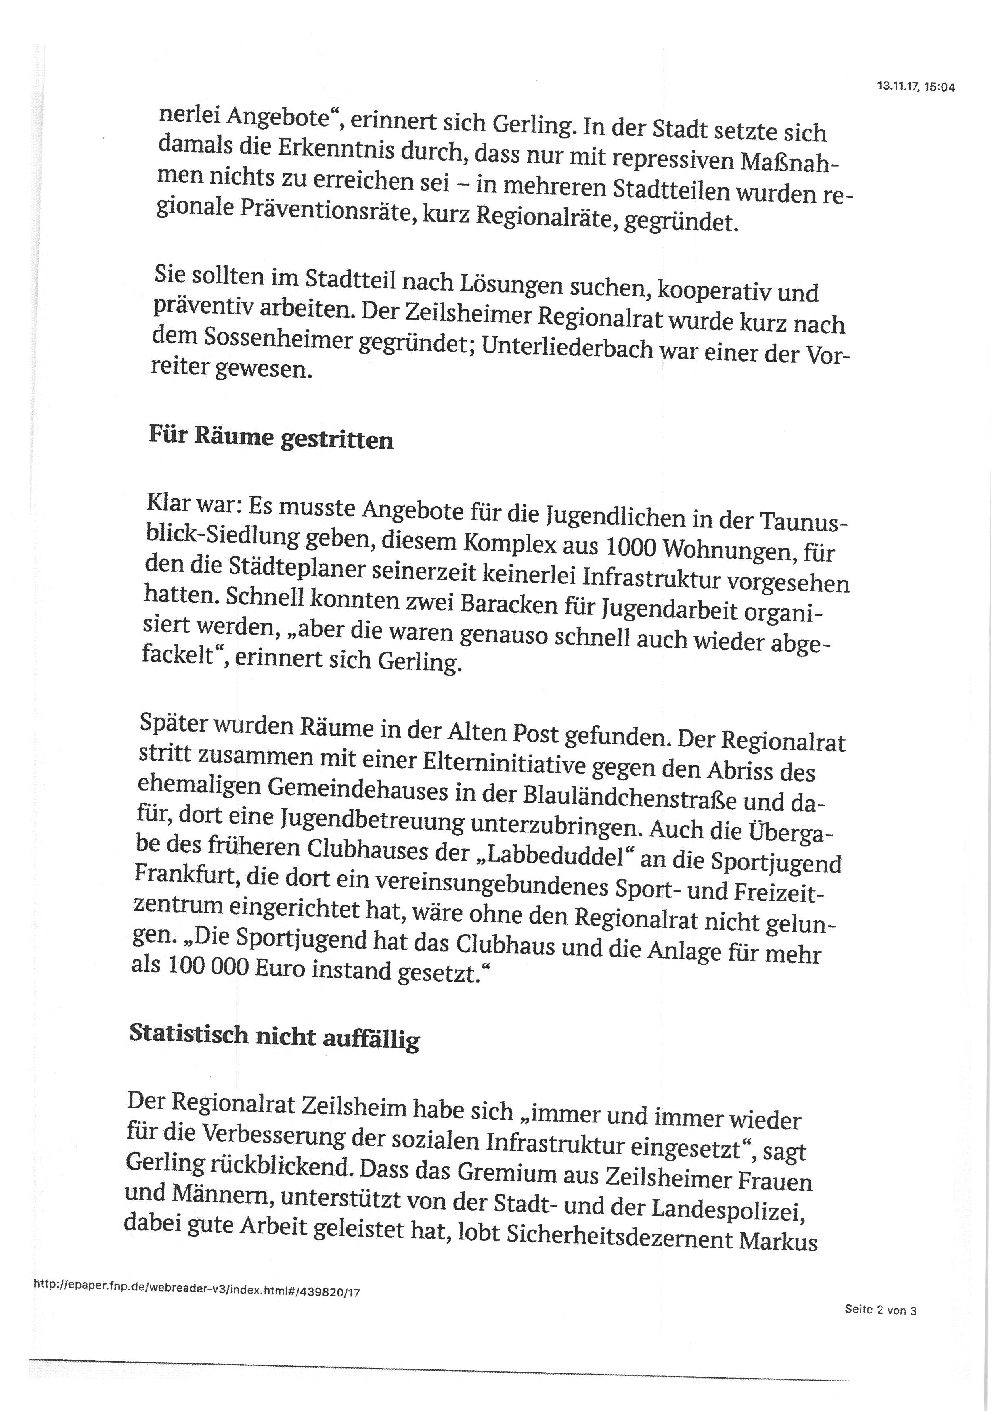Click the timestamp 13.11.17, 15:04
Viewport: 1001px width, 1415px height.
tap(915, 88)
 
